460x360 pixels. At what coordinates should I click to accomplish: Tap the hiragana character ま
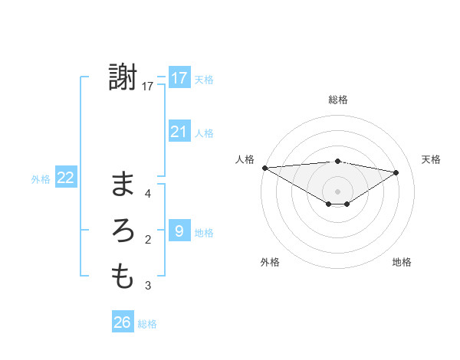point(123,185)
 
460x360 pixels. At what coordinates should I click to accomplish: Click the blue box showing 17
point(179,78)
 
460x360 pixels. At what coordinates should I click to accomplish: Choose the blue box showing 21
point(179,132)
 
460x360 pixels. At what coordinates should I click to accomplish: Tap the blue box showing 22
point(66,178)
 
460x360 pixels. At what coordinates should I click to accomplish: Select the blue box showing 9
point(179,231)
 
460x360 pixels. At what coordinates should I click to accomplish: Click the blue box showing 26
point(123,322)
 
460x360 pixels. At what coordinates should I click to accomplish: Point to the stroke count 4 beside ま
point(148,193)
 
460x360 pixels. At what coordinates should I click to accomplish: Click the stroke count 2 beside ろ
point(148,240)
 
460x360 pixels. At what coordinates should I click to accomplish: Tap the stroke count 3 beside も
point(148,286)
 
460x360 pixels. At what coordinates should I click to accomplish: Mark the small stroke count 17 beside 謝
point(148,87)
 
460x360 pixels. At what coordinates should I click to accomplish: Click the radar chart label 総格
point(337,100)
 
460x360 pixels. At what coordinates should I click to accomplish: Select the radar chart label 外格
point(270,262)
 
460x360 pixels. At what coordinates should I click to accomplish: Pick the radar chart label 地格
point(402,262)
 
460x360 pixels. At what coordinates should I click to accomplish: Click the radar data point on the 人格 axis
point(264,167)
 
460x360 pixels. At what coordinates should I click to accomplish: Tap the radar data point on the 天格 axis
point(396,172)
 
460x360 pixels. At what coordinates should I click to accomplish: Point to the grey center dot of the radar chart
point(337,191)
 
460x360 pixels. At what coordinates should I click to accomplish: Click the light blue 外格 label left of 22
point(41,179)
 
